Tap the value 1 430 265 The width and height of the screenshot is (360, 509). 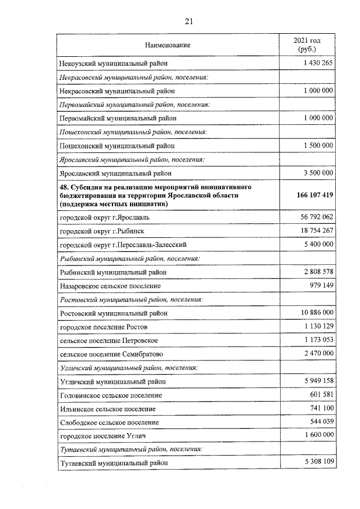pyautogui.click(x=318, y=63)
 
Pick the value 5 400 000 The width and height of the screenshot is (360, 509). pyautogui.click(x=318, y=244)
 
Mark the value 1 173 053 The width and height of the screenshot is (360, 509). pyautogui.click(x=318, y=340)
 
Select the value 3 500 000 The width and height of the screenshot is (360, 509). pyautogui.click(x=318, y=173)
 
